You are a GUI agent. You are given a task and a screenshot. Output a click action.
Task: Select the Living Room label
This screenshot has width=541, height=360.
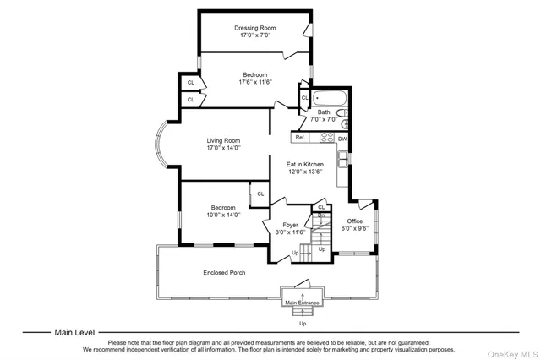click(224, 140)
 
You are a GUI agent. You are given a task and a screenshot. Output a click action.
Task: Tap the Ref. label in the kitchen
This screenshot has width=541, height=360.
click(300, 137)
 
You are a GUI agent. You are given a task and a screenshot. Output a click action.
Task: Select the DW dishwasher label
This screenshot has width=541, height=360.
click(342, 138)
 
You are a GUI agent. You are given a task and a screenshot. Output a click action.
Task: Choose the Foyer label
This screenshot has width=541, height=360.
click(290, 225)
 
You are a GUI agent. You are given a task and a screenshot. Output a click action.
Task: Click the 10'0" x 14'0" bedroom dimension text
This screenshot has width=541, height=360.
click(223, 215)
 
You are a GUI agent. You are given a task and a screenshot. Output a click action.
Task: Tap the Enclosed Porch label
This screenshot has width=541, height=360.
click(223, 272)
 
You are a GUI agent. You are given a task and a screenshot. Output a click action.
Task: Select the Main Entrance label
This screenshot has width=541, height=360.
click(303, 303)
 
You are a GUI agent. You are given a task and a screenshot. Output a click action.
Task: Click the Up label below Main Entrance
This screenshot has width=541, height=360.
click(303, 323)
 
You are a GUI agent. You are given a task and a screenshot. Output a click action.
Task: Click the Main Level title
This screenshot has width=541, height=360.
click(75, 333)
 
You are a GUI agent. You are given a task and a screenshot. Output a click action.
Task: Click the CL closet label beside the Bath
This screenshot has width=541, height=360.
click(304, 98)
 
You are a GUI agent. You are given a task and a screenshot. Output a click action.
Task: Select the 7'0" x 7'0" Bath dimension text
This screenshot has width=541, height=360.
click(324, 120)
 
